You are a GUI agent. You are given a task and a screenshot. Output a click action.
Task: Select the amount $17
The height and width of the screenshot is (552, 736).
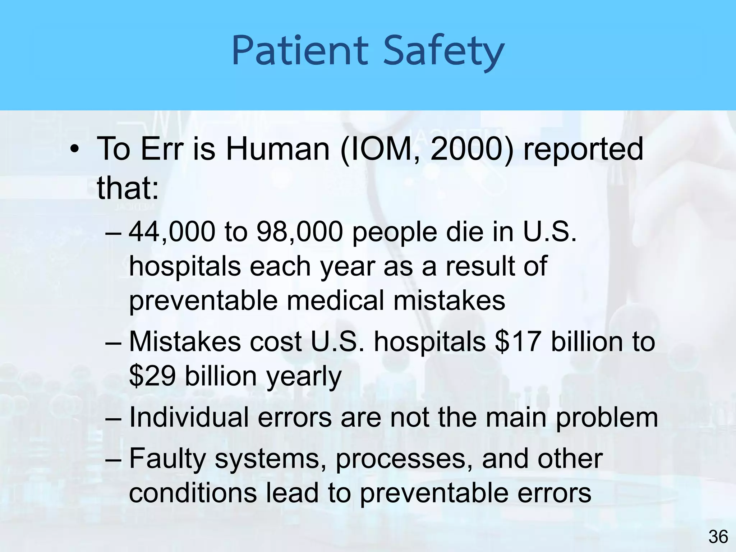tap(518, 341)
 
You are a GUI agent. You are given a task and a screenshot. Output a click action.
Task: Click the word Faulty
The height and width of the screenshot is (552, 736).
tap(167, 459)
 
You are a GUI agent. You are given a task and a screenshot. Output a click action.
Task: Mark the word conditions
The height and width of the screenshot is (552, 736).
tap(193, 493)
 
